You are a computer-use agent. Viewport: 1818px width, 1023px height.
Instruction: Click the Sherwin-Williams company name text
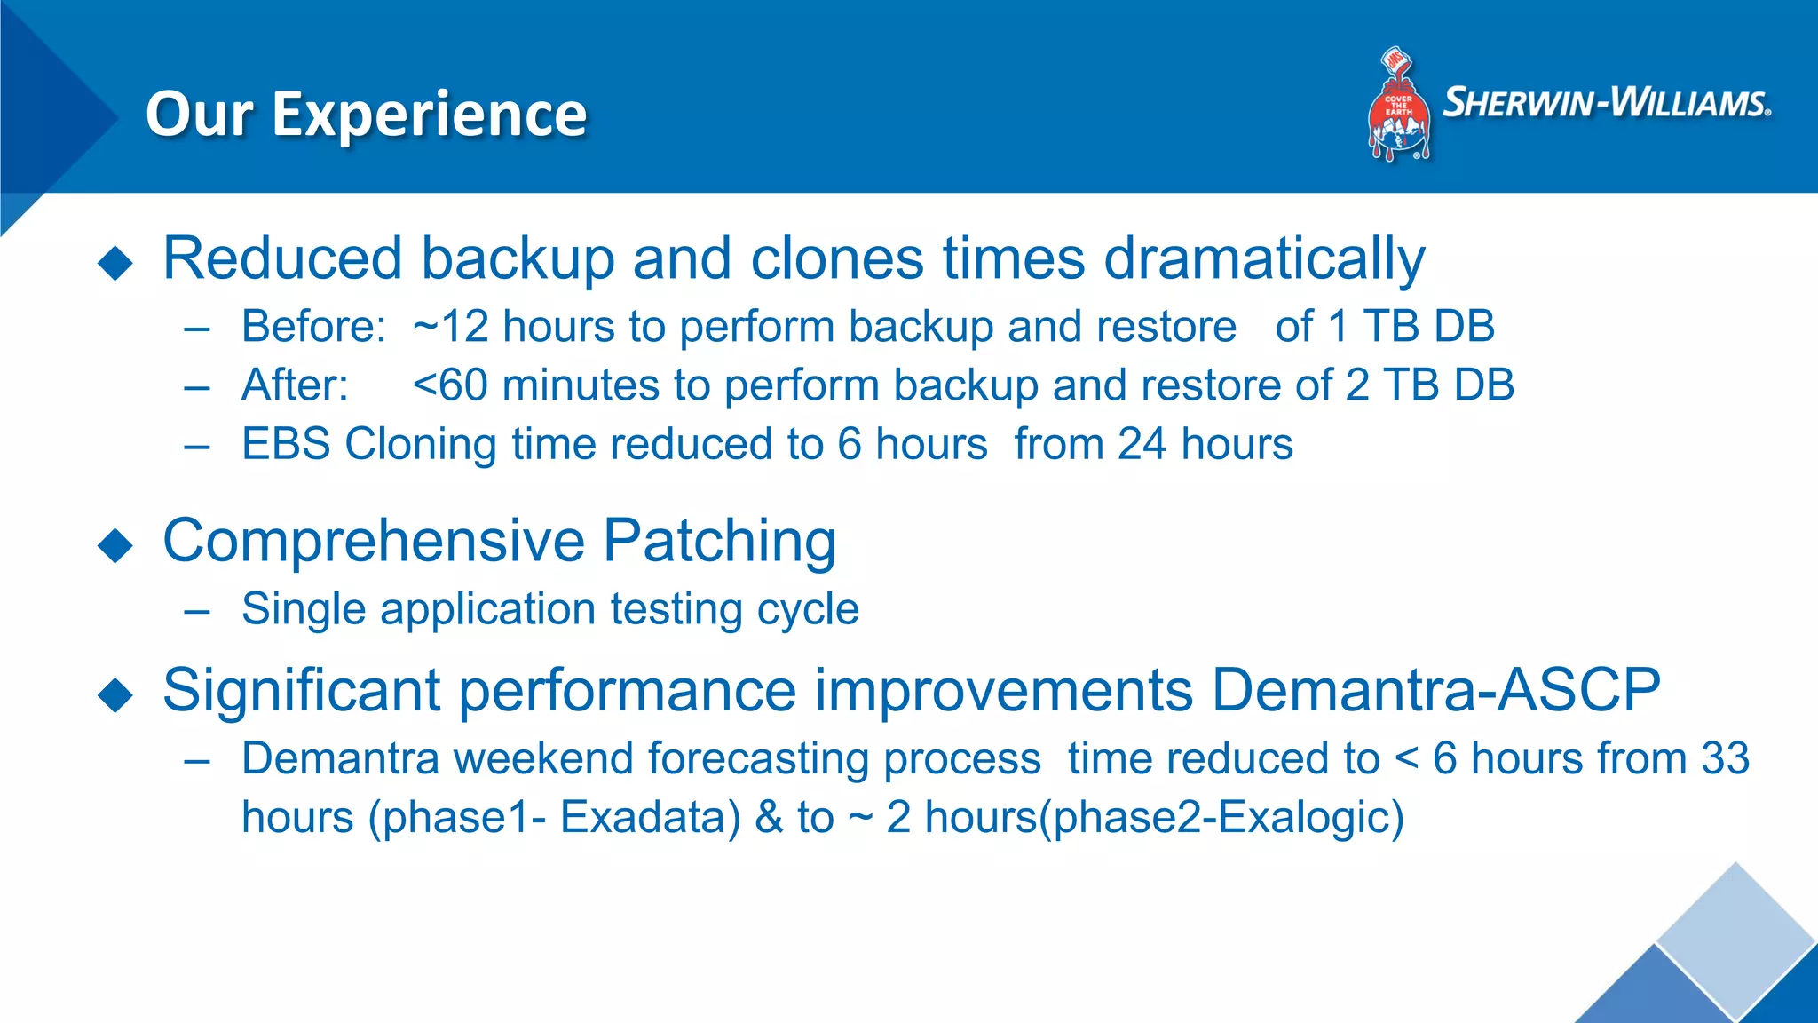(x=1607, y=102)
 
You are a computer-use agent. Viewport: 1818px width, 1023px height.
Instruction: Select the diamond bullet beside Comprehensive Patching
(x=115, y=545)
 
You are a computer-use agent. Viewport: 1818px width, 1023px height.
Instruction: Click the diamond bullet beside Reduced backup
(x=115, y=264)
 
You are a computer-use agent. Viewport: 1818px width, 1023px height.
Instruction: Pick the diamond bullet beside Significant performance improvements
(x=115, y=694)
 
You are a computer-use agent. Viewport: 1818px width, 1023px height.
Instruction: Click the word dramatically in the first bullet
(x=1264, y=259)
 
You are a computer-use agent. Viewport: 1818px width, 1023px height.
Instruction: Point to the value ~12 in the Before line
(x=450, y=327)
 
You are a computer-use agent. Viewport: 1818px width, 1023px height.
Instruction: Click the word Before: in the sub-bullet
(x=313, y=327)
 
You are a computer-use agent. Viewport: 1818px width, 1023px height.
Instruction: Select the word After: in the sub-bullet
(x=295, y=385)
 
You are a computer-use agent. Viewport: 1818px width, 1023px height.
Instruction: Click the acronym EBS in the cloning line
(x=286, y=444)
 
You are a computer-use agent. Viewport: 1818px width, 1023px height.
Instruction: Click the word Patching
(x=719, y=540)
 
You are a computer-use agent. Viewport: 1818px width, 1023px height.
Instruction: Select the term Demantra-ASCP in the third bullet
(x=1435, y=690)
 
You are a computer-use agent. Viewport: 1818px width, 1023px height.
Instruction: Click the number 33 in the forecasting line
(x=1725, y=758)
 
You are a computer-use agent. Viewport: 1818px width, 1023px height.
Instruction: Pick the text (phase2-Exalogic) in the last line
(x=1221, y=817)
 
